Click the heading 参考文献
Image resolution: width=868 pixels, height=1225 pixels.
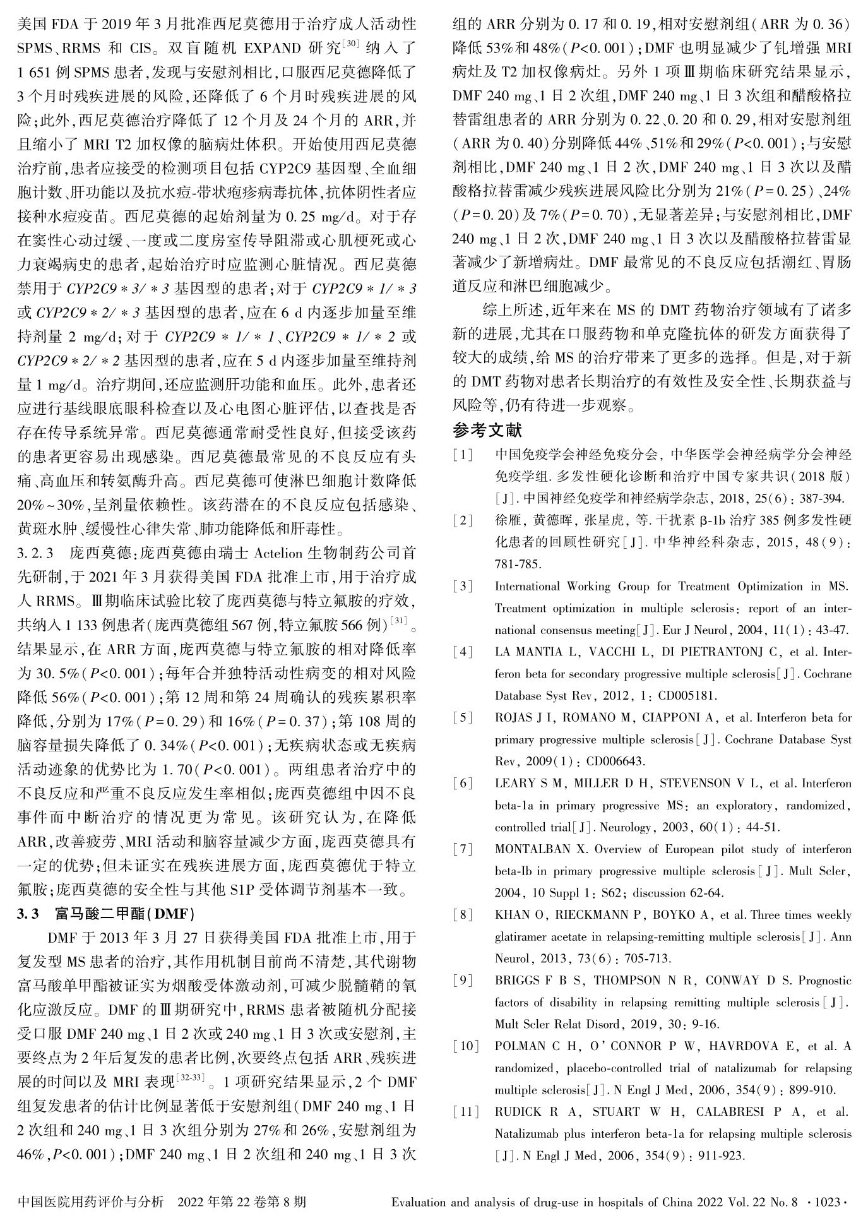click(487, 431)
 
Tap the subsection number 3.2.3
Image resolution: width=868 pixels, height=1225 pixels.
click(35, 554)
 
